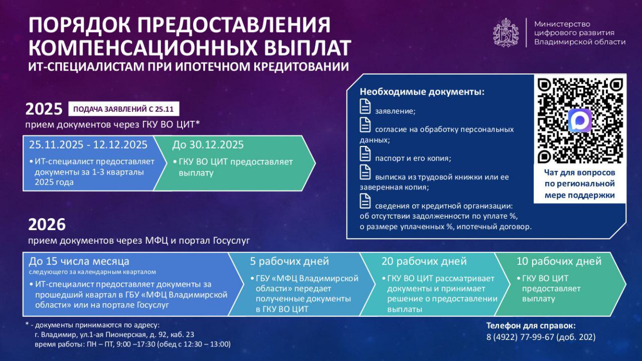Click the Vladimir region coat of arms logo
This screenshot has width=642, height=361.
tap(506, 33)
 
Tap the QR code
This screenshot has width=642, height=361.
tap(580, 120)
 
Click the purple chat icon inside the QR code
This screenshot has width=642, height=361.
tap(580, 121)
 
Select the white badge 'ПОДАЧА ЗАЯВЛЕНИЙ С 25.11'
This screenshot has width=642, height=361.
tap(123, 109)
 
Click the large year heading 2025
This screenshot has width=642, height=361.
tap(43, 109)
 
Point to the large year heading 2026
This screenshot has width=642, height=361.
tap(47, 224)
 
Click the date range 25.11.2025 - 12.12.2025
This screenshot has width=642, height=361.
tap(88, 145)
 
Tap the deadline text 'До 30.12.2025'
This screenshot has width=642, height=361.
tap(208, 145)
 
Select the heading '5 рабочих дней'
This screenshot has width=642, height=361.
tap(289, 261)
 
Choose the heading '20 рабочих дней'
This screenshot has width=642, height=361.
tap(423, 261)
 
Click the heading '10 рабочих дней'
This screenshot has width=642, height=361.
tap(559, 261)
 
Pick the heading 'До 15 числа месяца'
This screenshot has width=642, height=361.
tap(79, 261)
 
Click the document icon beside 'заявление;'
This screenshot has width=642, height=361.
tap(365, 107)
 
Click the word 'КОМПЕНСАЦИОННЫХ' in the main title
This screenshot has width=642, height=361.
tap(139, 47)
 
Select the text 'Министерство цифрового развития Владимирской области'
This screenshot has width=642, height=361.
tap(579, 33)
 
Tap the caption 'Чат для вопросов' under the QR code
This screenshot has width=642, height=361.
tap(580, 172)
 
